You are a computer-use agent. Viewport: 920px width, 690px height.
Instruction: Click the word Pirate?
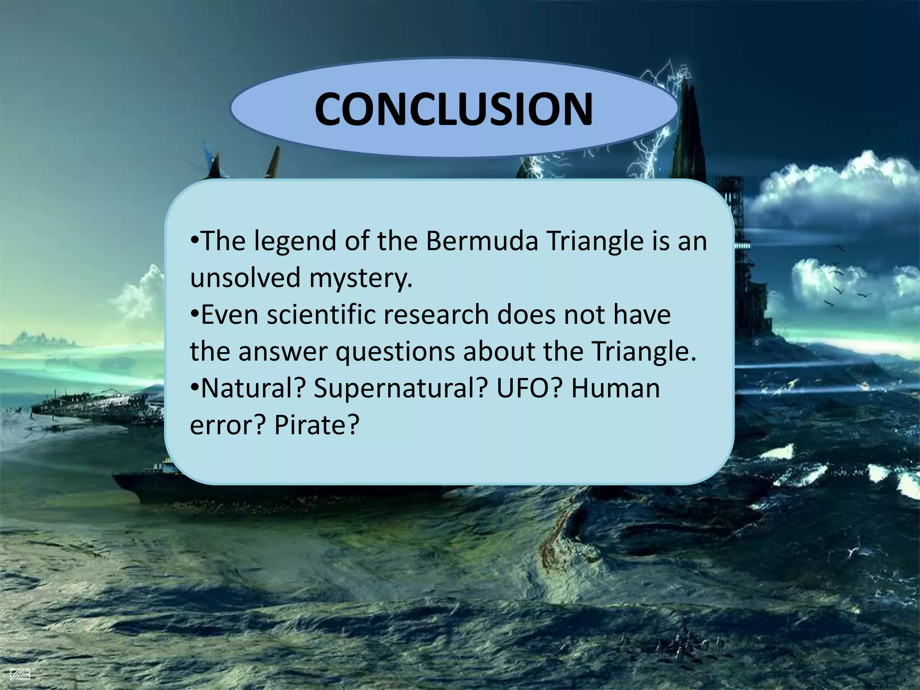[317, 425]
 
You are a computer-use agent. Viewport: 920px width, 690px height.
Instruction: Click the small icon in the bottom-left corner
[20, 674]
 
